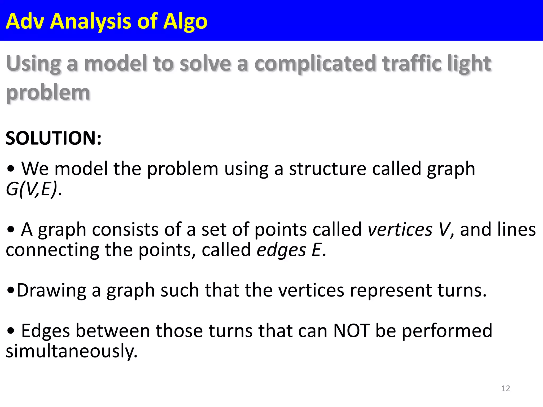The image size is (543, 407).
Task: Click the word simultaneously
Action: click(x=72, y=351)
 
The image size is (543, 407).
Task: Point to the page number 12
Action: click(x=506, y=388)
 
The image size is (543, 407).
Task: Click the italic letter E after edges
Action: click(x=317, y=250)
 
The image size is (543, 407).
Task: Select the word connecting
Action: click(x=52, y=250)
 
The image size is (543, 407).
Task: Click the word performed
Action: click(x=447, y=331)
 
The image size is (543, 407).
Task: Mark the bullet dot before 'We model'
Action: click(x=11, y=169)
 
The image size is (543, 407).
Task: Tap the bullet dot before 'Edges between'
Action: click(x=11, y=331)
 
